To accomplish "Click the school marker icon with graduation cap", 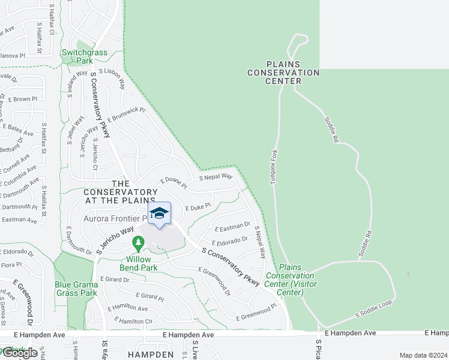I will [159, 214].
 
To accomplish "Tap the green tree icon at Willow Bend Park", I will [139, 244].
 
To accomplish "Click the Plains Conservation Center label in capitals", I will [284, 73].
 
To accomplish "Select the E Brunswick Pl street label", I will [127, 117].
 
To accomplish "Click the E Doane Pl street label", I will [173, 183].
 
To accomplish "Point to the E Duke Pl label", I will [197, 206].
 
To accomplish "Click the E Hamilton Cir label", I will [132, 322].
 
